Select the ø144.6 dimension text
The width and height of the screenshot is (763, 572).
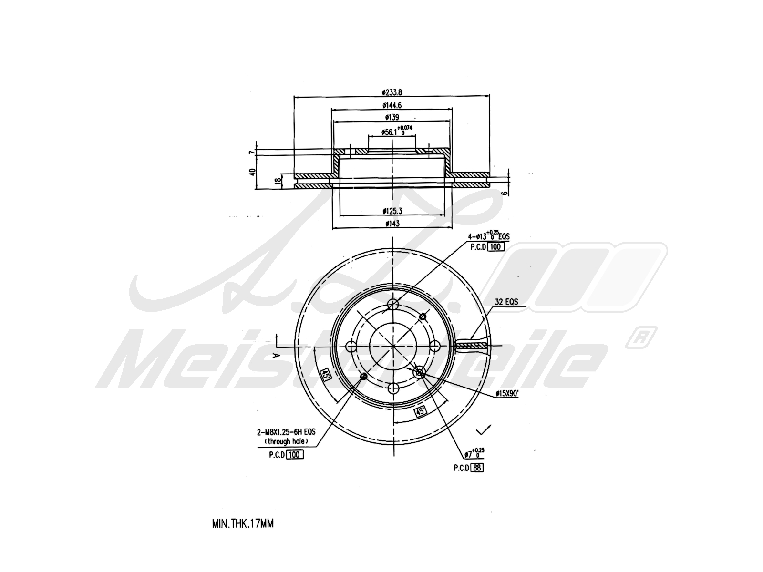(x=392, y=105)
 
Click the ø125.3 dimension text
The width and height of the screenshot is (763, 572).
(x=392, y=210)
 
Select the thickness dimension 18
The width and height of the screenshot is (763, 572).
(x=277, y=181)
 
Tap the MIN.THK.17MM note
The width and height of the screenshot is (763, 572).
(x=243, y=523)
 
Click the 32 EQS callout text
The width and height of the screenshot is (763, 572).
(x=506, y=302)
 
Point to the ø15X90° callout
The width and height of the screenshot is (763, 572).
(x=507, y=393)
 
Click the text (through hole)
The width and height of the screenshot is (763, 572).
(x=286, y=441)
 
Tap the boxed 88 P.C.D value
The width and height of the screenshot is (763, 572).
(x=477, y=468)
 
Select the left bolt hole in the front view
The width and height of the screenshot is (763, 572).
(x=351, y=346)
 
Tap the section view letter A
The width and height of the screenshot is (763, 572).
(x=275, y=355)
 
